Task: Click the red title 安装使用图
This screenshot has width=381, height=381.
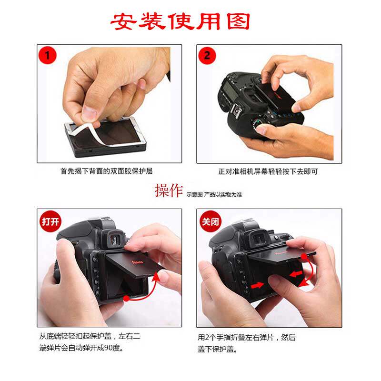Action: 180,21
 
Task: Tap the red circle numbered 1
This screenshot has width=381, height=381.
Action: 47,55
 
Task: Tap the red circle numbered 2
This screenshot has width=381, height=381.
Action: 207,55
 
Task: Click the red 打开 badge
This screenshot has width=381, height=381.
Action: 50,221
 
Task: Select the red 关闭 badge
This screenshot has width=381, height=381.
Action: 210,221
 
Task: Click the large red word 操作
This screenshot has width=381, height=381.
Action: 169,190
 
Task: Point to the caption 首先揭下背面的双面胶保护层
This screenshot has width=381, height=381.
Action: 106,171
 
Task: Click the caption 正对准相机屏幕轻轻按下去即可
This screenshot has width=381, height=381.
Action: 268,171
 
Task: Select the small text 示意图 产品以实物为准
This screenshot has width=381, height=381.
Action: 214,194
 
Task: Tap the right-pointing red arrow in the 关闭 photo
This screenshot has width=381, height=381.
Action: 257,285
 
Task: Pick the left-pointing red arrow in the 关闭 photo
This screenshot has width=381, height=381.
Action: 296,273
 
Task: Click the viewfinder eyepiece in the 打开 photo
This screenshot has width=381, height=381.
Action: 114,238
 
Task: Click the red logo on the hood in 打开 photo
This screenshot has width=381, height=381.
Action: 137,262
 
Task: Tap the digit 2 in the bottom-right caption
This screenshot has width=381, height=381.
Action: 207,337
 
